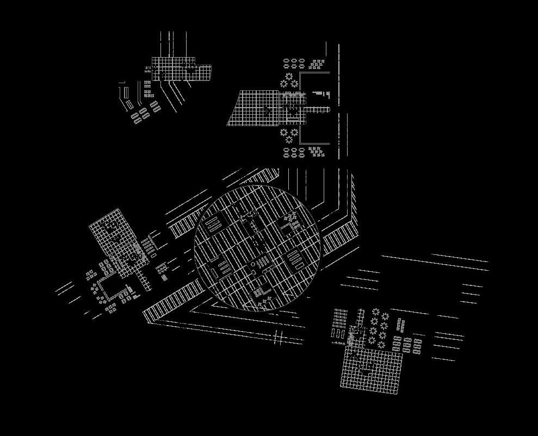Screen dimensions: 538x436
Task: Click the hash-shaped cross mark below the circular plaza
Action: click(x=278, y=338)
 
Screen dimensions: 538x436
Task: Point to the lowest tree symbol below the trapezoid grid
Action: click(x=289, y=140)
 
